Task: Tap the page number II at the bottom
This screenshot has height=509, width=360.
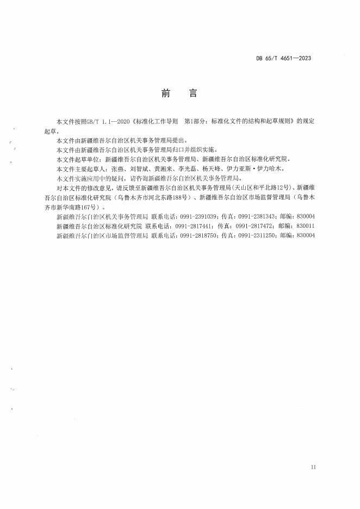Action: (313, 467)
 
